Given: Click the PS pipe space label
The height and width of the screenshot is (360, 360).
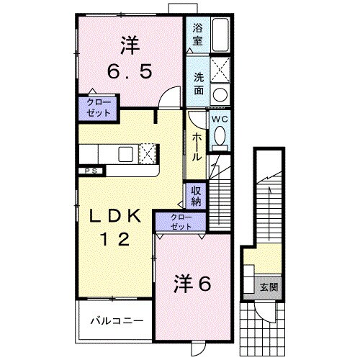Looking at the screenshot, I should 91,171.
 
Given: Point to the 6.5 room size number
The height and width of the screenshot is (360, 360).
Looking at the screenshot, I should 130,72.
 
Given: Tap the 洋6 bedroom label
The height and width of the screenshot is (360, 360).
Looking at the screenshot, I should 192,284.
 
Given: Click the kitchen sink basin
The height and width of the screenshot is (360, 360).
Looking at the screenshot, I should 126,153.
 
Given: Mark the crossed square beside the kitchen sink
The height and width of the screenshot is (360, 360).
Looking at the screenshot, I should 147,153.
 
